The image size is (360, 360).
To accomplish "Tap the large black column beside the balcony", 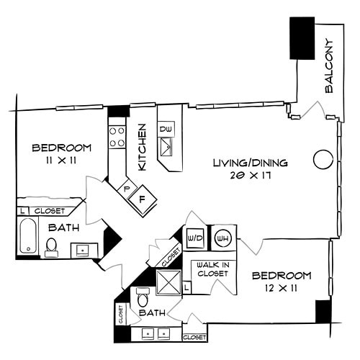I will click(x=302, y=38).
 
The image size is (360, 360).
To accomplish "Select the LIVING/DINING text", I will click(x=250, y=163).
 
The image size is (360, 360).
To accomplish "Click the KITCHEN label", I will click(x=143, y=147).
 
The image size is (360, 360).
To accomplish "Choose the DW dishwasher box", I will click(x=166, y=129).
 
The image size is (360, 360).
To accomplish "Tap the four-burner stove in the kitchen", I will click(x=117, y=137).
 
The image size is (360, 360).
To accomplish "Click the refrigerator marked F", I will click(x=143, y=197).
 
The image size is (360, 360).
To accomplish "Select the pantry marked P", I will click(x=126, y=189).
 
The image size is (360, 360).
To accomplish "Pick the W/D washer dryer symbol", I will click(x=194, y=238).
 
